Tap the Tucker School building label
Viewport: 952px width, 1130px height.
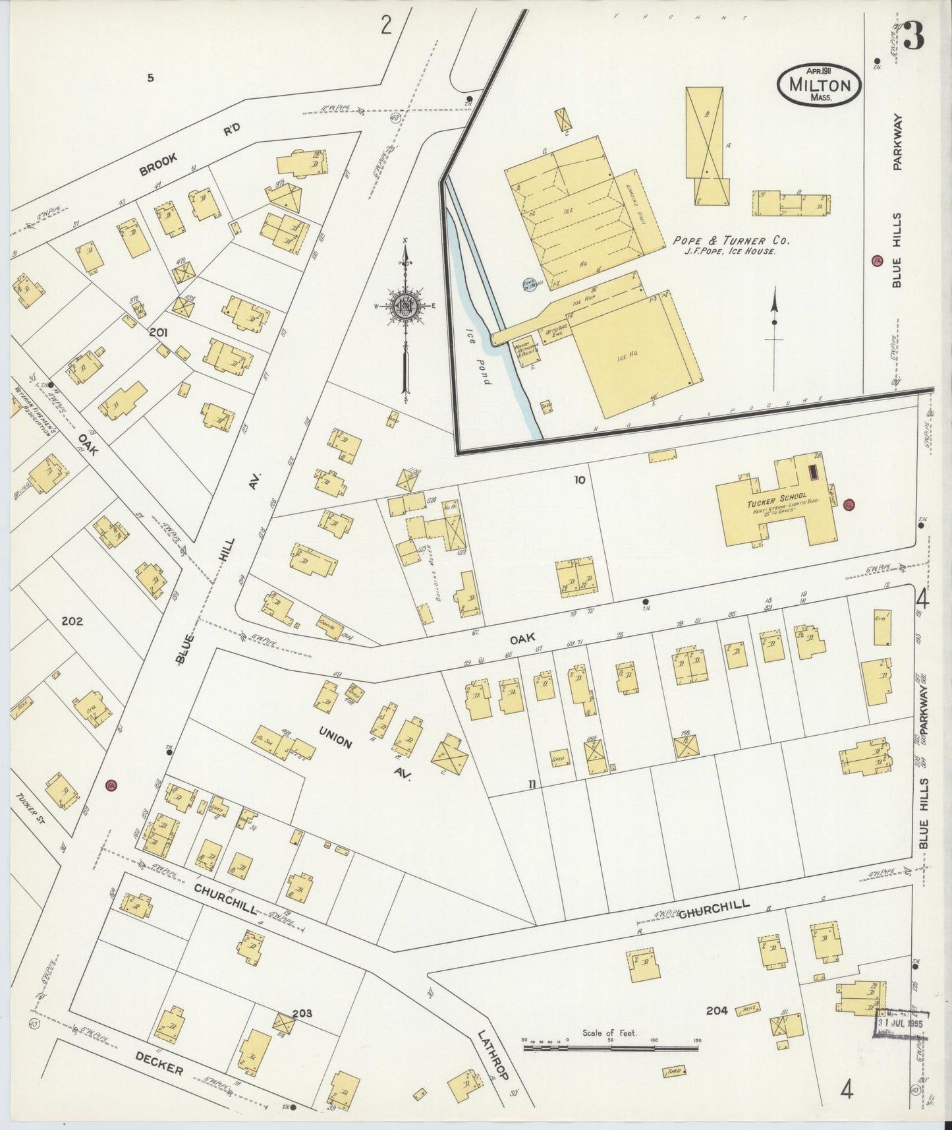777,496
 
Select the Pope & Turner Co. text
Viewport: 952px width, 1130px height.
731,241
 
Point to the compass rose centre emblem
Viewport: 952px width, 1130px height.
405,307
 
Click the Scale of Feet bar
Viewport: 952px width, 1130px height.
611,1046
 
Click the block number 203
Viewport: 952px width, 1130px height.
301,1013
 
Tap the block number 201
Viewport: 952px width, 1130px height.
158,333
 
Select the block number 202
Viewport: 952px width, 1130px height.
72,621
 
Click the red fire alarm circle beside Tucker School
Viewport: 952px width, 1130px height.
849,505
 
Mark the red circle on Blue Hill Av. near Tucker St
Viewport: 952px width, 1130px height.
111,785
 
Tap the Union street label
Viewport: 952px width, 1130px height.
335,738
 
